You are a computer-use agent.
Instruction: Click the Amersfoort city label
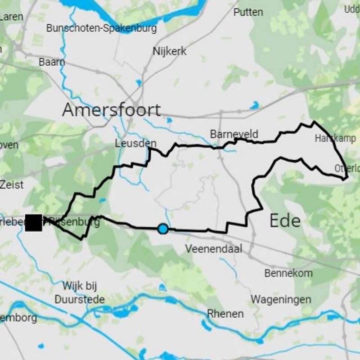click(x=111, y=110)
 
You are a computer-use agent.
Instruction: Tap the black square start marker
click(x=34, y=223)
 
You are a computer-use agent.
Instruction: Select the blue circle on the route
click(x=163, y=229)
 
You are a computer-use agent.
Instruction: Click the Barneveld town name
click(x=234, y=134)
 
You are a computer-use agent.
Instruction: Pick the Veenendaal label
click(x=214, y=249)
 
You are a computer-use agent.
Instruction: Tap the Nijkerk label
click(x=169, y=51)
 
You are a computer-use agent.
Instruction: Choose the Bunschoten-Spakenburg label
click(x=101, y=28)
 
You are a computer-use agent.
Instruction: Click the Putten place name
click(x=248, y=12)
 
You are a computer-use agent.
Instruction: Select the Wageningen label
click(x=281, y=299)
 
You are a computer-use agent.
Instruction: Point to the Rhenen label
click(x=225, y=314)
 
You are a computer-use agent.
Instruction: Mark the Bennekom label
click(x=288, y=273)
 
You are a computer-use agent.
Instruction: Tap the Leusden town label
click(x=135, y=144)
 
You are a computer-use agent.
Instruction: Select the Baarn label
click(x=52, y=62)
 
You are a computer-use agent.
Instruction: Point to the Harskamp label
click(x=335, y=138)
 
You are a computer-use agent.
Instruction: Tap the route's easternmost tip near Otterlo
click(x=346, y=178)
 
